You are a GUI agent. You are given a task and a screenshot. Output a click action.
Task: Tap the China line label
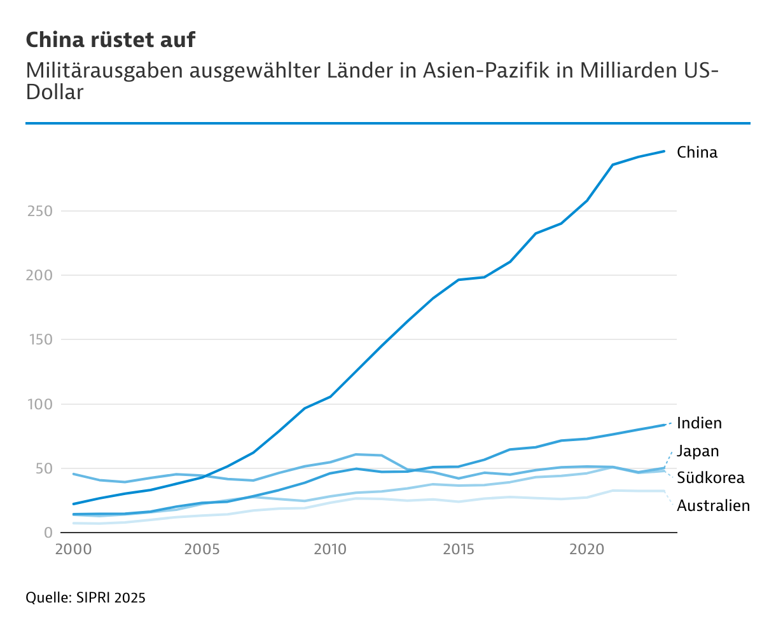coord(696,153)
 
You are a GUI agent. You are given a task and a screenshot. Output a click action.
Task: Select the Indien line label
coord(699,423)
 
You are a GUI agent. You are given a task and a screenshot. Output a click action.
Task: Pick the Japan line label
coord(698,451)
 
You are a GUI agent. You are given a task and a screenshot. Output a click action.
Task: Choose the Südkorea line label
coord(710,478)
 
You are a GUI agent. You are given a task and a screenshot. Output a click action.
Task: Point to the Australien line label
coord(713,506)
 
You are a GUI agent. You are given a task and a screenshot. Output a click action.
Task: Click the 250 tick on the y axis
coord(39,211)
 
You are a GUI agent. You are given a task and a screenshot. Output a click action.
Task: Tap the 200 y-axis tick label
coord(39,275)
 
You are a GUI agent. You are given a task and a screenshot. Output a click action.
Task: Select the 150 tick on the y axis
coord(39,340)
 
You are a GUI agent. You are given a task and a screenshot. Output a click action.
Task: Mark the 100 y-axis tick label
coord(39,404)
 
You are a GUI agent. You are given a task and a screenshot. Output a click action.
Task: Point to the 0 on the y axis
coord(48,533)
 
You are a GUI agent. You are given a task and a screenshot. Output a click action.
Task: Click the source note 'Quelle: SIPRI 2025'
coord(85,598)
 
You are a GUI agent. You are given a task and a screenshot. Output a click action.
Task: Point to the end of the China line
coord(664,151)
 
